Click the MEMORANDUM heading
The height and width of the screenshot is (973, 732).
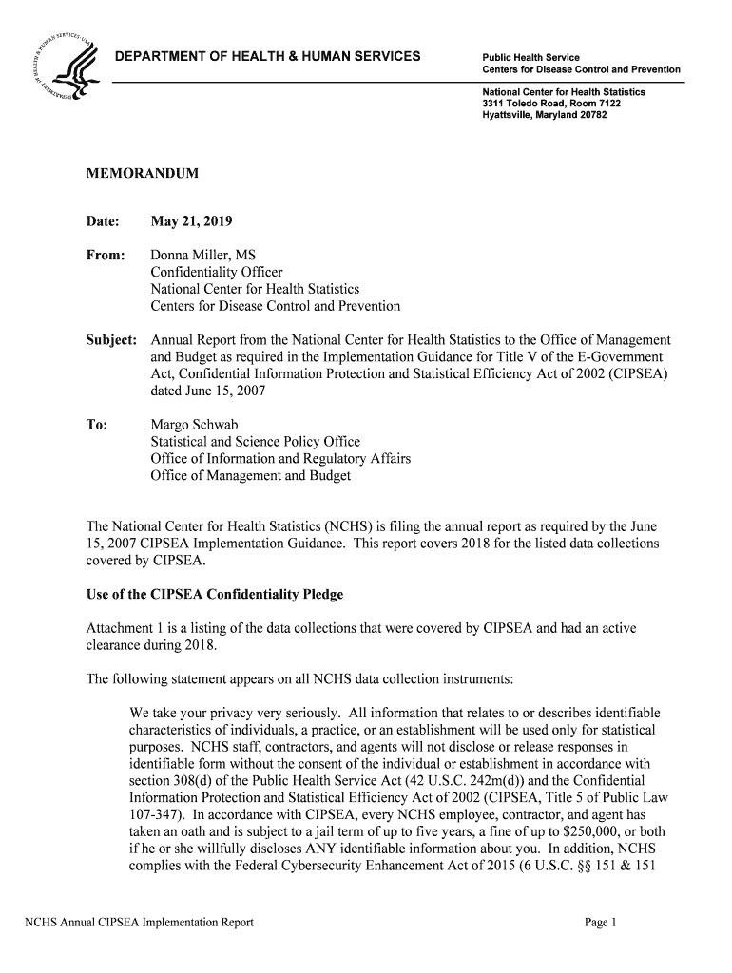(x=144, y=175)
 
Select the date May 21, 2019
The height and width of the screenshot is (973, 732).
(x=191, y=221)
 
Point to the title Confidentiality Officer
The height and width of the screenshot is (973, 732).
(x=217, y=272)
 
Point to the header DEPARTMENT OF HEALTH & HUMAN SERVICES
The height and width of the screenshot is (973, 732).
(x=267, y=57)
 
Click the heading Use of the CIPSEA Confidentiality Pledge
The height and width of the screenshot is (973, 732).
(x=215, y=595)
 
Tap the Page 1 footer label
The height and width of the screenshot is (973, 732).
(x=602, y=922)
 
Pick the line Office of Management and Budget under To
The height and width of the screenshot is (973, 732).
(x=251, y=475)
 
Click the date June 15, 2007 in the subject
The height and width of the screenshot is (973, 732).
(x=208, y=391)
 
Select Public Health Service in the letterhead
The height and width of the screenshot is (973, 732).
(x=530, y=58)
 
